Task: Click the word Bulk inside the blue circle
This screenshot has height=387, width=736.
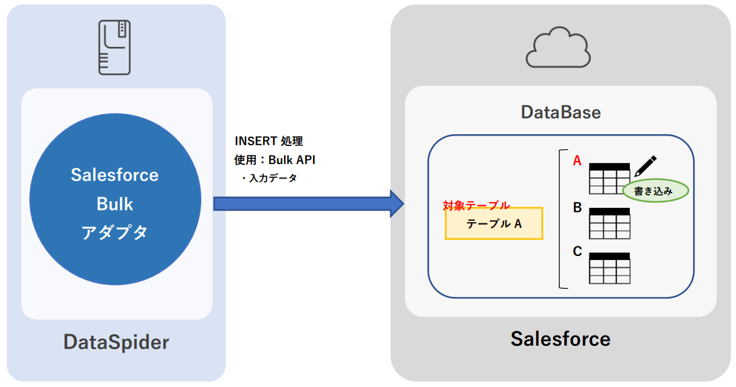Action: click(115, 204)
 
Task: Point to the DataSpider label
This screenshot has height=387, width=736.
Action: click(116, 342)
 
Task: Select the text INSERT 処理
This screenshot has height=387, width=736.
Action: click(269, 141)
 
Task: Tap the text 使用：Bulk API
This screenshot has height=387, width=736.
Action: click(274, 160)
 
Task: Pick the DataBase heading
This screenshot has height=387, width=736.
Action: click(561, 112)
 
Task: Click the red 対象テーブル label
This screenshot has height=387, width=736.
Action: click(476, 205)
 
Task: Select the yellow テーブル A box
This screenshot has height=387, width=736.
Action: click(494, 223)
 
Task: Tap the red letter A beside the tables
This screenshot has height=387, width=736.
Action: click(576, 160)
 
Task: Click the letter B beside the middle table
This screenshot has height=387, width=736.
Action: click(577, 208)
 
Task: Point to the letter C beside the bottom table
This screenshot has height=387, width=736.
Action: click(577, 251)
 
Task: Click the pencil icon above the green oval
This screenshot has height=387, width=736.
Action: click(645, 165)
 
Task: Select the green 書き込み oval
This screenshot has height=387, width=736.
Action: click(656, 191)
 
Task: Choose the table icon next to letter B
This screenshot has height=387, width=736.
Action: click(610, 223)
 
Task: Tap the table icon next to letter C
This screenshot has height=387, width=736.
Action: click(610, 268)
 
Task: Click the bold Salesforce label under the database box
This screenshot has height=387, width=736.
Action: click(560, 339)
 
